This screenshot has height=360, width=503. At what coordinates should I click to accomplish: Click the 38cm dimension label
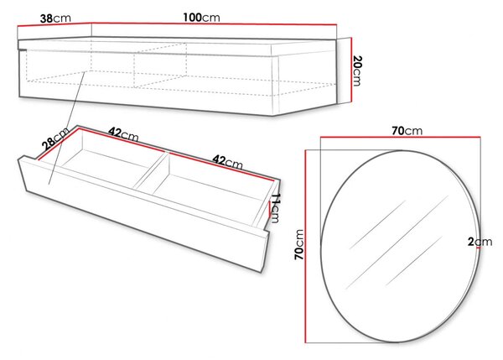[x=55, y=18]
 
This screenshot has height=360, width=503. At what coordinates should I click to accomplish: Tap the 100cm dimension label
[x=201, y=18]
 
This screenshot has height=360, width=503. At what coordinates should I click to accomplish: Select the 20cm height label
[x=357, y=70]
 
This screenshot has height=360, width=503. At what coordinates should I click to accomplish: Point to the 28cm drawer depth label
[x=56, y=138]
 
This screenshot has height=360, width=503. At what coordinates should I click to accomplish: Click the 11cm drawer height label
[x=276, y=208]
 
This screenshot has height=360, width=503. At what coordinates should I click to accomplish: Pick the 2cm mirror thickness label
[x=480, y=242]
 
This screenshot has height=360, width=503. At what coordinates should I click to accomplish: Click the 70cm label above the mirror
[x=407, y=131]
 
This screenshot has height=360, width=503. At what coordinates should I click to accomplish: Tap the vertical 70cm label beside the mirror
[x=299, y=244]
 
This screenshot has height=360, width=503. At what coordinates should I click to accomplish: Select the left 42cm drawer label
[x=123, y=134]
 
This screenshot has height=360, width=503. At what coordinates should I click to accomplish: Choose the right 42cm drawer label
[x=227, y=162]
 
